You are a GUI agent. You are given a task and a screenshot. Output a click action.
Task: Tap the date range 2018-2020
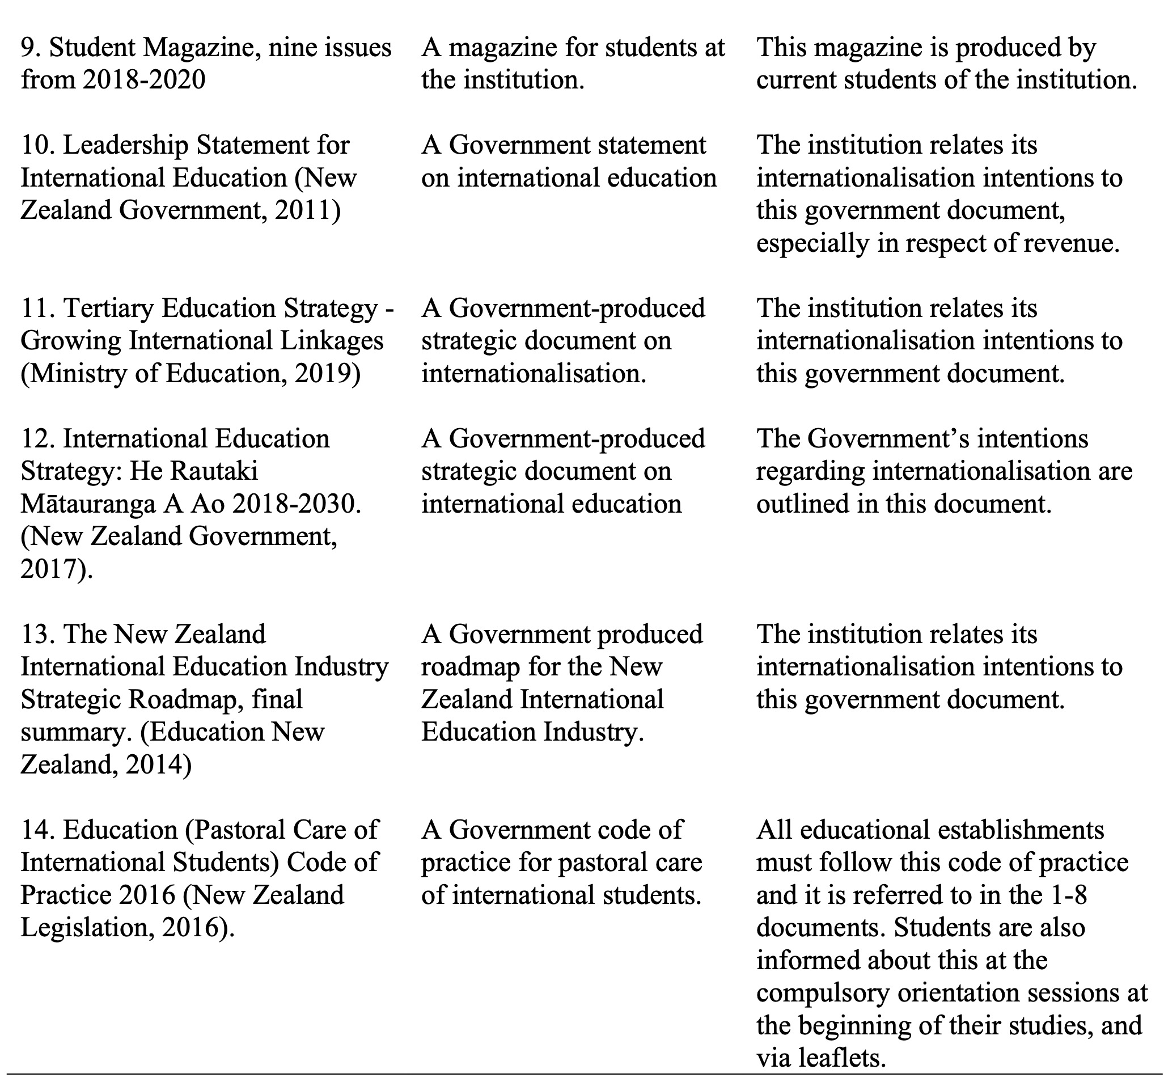click(x=144, y=80)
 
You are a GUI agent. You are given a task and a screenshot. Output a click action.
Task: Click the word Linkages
click(x=332, y=341)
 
